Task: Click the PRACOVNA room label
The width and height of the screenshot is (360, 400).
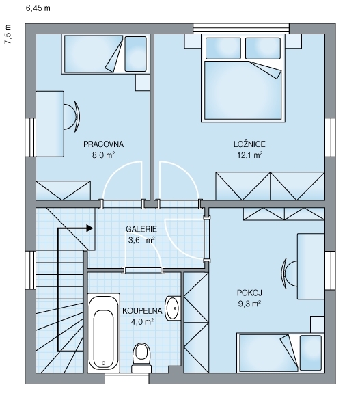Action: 103,144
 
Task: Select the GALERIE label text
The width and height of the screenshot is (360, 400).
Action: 141,229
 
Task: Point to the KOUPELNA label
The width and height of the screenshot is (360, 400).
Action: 142,311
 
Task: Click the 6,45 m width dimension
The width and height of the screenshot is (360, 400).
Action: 38,8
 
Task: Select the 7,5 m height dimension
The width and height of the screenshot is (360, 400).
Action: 8,34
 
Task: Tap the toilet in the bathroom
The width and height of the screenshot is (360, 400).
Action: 141,358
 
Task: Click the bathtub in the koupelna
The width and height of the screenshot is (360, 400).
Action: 103,333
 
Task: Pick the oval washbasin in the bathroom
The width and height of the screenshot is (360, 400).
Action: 173,308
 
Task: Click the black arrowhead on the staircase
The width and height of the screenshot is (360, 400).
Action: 89,228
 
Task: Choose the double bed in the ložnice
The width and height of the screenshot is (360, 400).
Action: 243,78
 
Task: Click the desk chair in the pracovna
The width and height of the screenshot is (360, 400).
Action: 71,117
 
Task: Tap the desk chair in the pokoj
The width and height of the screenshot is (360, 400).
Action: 290,274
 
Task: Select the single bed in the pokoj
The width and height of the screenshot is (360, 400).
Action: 281,353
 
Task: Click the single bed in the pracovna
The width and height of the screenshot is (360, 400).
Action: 105,54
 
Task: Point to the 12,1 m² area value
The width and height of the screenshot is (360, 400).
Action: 250,155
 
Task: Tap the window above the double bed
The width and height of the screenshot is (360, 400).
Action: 241,28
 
